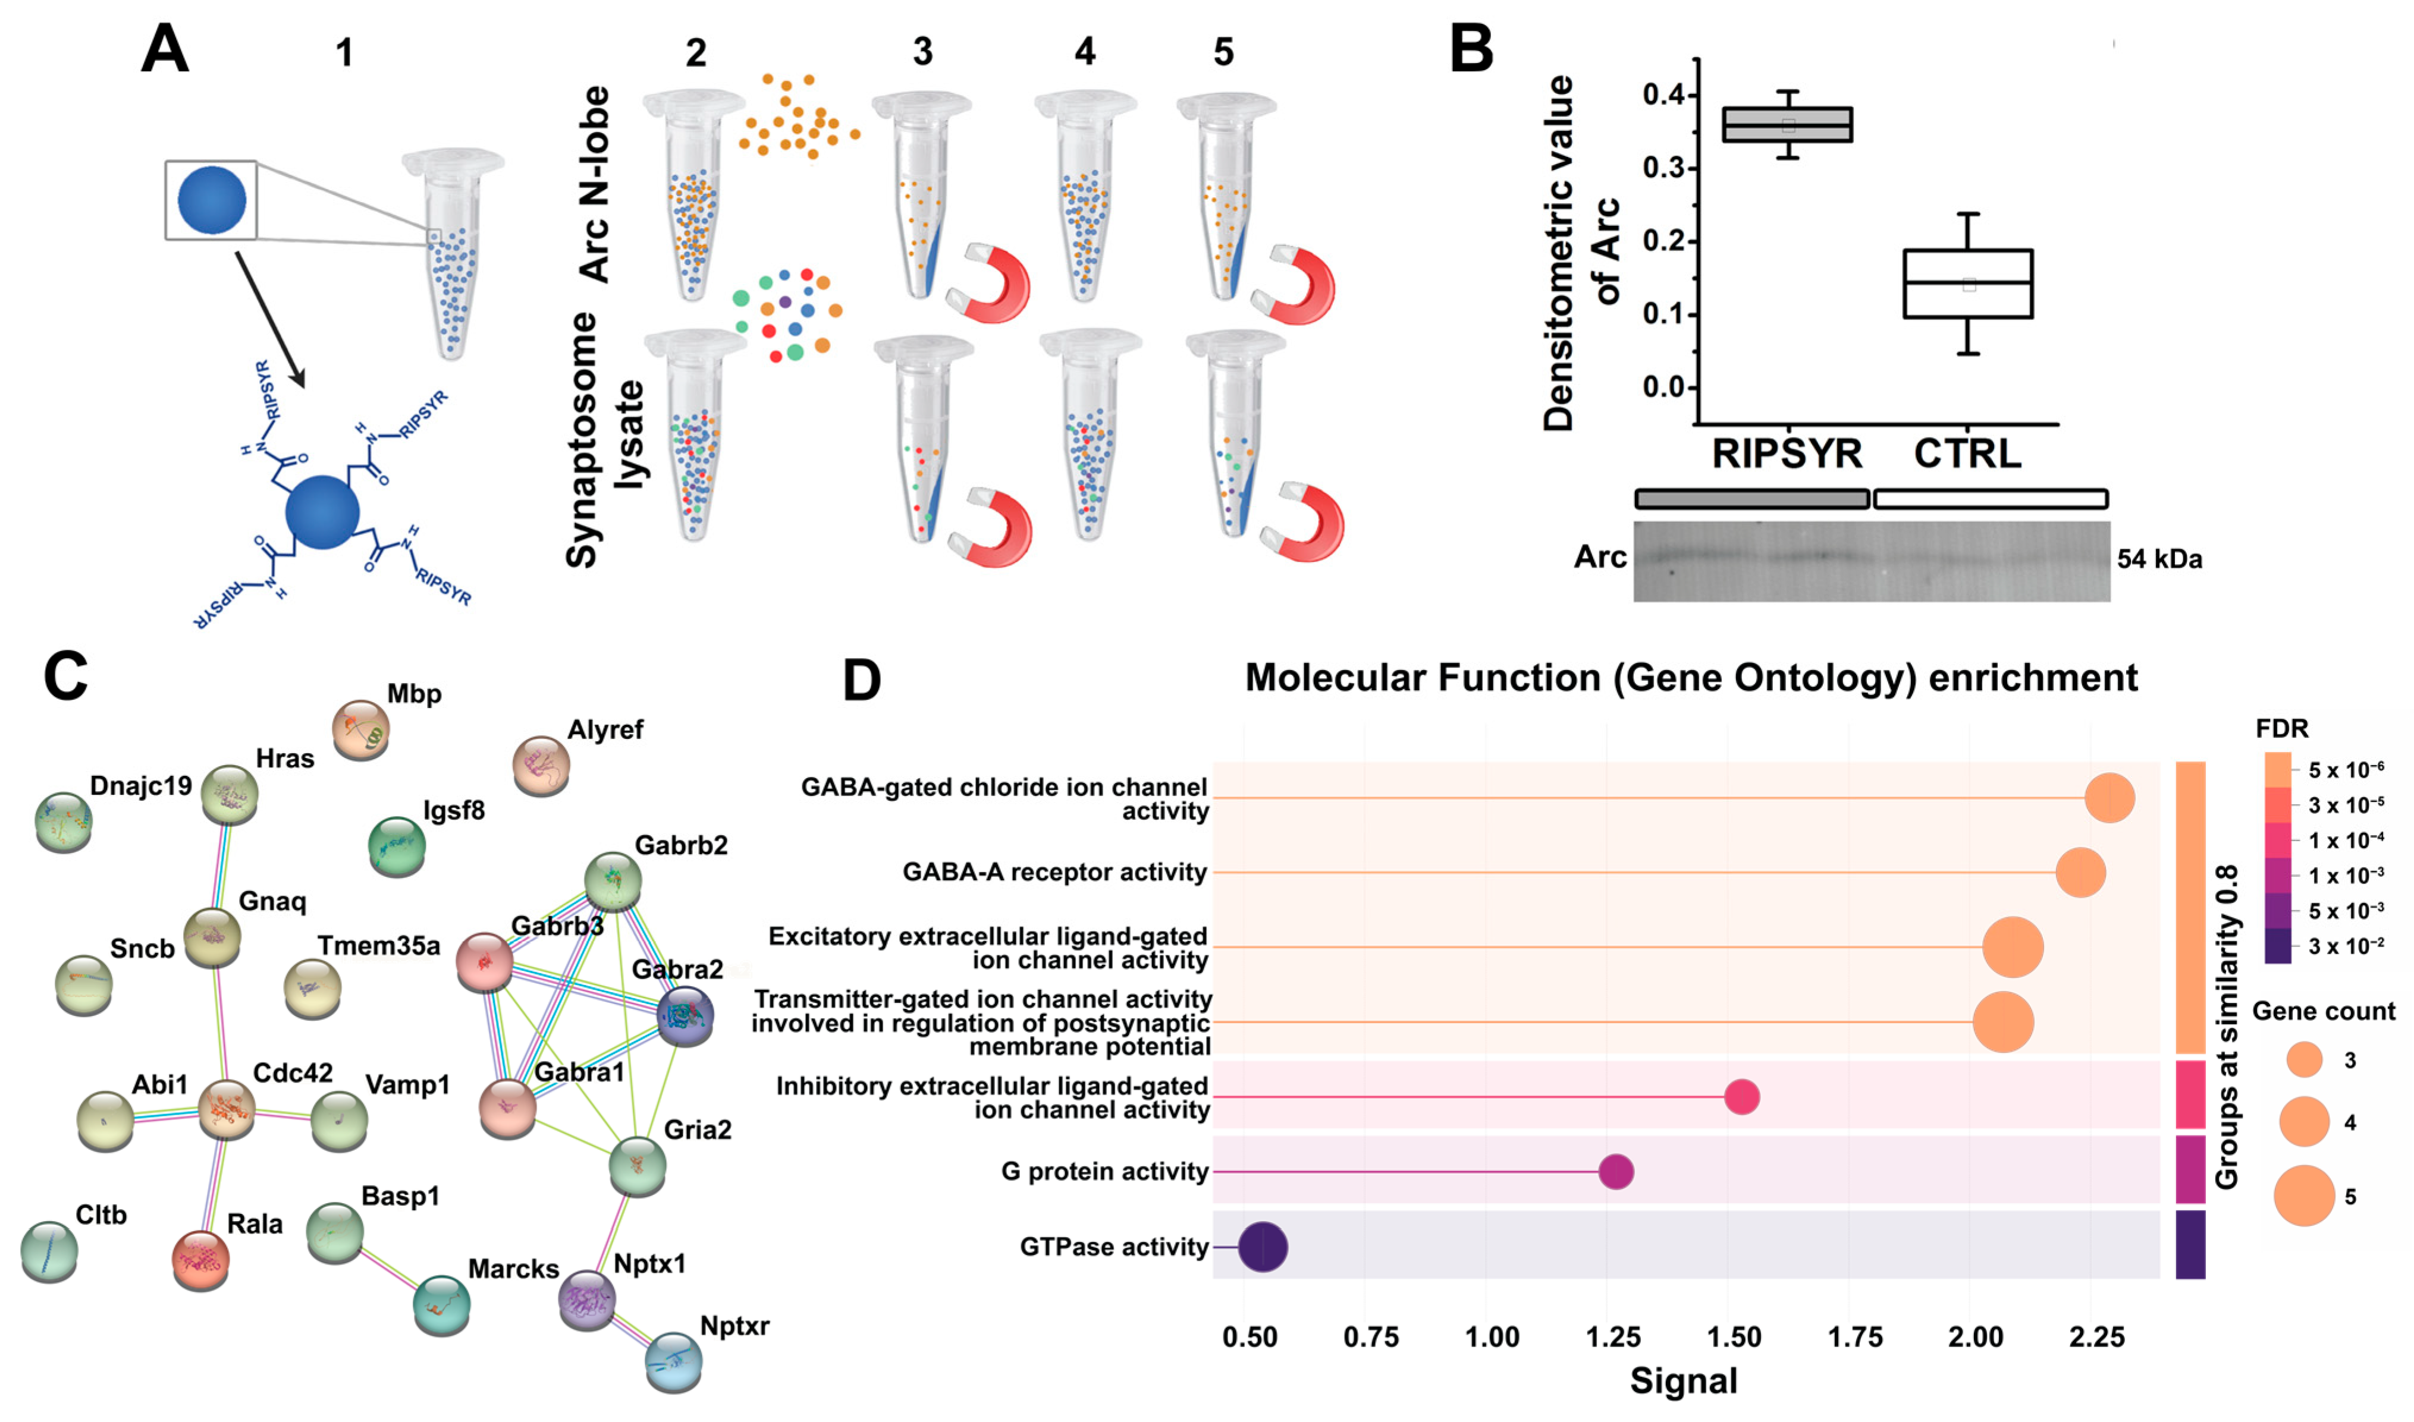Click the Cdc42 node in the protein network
pos(226,1110)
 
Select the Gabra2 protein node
pos(685,1016)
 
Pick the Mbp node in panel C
pos(360,729)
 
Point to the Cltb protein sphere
pos(49,1250)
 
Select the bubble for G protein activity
pos(1616,1171)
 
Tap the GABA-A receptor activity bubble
pos(2080,872)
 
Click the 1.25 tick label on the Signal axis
pos(1613,1337)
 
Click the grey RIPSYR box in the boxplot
pos(1787,125)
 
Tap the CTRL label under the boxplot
pos(1967,453)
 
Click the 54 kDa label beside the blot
pos(2159,559)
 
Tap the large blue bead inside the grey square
pos(212,200)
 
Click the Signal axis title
pos(1683,1381)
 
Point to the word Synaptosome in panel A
pos(582,441)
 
